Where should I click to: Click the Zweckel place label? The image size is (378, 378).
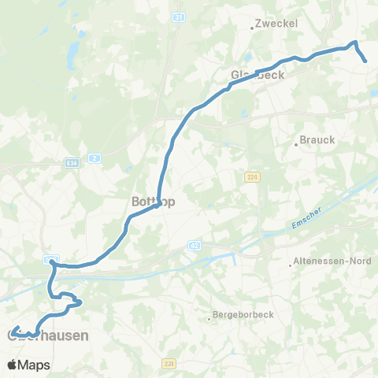276,24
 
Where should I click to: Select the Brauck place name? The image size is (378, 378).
317,140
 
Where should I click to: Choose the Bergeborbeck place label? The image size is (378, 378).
243,318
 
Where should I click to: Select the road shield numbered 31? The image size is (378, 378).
179,17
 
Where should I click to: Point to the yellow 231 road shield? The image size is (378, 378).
170,364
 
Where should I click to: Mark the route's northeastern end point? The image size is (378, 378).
366,61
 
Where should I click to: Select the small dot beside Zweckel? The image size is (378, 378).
251,28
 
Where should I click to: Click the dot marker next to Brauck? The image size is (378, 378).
297,145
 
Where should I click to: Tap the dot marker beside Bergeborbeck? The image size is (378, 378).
209,318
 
